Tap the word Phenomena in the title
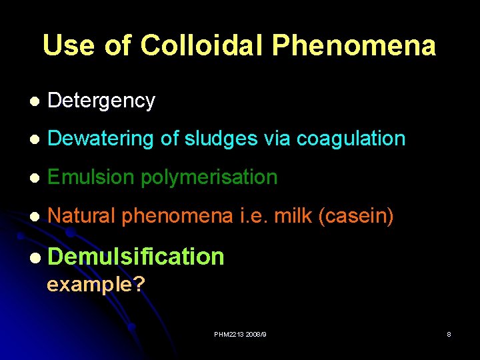(354, 45)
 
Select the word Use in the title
(69, 45)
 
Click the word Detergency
(101, 101)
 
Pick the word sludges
(213, 139)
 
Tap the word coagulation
(351, 139)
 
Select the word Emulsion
(90, 177)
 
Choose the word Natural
(83, 215)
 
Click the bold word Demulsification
(136, 256)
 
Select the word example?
(96, 285)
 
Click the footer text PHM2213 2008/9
(239, 333)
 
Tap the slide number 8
(449, 333)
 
